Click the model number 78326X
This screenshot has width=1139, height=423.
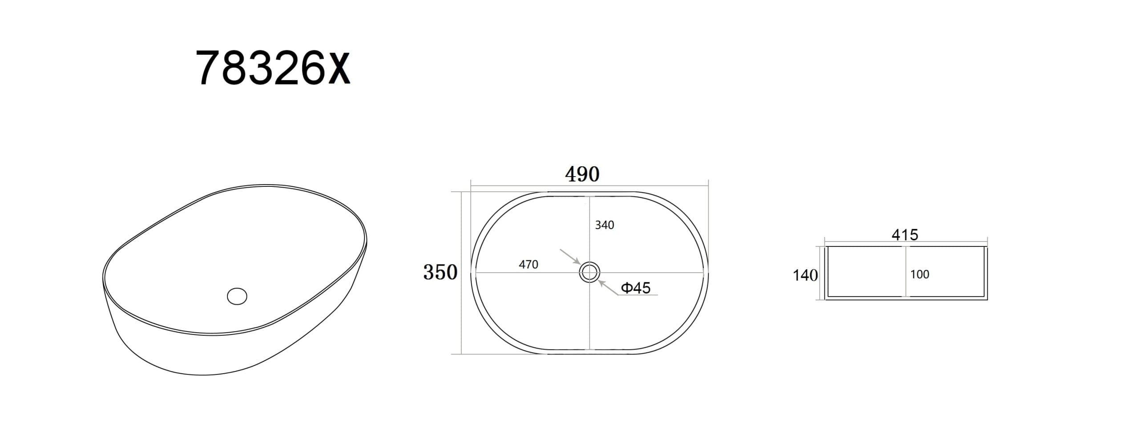point(273,68)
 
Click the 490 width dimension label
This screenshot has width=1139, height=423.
point(582,174)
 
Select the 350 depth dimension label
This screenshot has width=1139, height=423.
point(440,272)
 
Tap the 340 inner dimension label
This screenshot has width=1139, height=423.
point(604,225)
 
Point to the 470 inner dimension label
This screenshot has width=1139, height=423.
point(528,265)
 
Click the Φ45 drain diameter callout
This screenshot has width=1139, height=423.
point(635,288)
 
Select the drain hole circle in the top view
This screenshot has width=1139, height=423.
point(590,272)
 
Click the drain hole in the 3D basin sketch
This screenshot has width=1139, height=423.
point(237,296)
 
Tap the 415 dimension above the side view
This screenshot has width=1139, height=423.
point(905,234)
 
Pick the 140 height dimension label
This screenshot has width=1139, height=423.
point(805,275)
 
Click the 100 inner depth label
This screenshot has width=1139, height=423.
point(919,274)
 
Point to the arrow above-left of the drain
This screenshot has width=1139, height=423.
point(569,257)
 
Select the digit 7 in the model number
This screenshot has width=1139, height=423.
point(209,68)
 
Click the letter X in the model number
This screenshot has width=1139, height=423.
point(339,69)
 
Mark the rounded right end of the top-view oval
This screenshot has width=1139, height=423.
point(705,272)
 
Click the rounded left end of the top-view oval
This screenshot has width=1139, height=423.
point(473,272)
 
